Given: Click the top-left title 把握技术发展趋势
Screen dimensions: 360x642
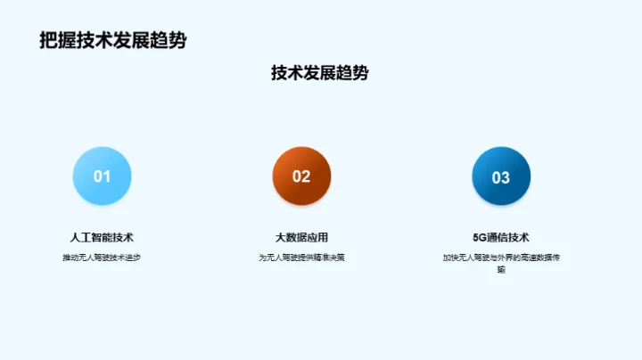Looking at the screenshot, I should click(x=113, y=41).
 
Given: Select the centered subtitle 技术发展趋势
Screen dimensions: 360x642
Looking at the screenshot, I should click(x=319, y=74).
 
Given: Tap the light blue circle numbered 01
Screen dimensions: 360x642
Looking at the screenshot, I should click(x=102, y=176).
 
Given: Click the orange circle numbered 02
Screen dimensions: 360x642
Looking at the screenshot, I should click(x=301, y=176).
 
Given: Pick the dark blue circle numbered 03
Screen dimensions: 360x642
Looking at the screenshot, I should click(x=501, y=176).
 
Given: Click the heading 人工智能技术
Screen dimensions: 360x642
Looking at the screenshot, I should click(x=102, y=238).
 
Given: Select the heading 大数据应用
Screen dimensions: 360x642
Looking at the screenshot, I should click(x=301, y=238).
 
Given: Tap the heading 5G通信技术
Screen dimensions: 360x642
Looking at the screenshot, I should click(x=501, y=238).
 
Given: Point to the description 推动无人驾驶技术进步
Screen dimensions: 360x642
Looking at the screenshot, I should click(x=102, y=258).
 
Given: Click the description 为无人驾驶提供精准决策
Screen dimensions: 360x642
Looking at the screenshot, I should click(x=301, y=258).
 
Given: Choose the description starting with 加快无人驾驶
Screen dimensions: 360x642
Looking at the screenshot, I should click(x=501, y=258).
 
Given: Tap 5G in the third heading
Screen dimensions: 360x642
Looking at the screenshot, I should click(x=479, y=238).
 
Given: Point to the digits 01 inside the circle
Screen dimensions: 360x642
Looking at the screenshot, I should click(x=102, y=176).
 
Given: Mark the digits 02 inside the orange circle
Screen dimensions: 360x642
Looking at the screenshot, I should click(x=301, y=176).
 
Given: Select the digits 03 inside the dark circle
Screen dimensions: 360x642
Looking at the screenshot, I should click(x=501, y=176).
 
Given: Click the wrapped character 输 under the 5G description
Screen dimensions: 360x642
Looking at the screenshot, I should click(x=501, y=269).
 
